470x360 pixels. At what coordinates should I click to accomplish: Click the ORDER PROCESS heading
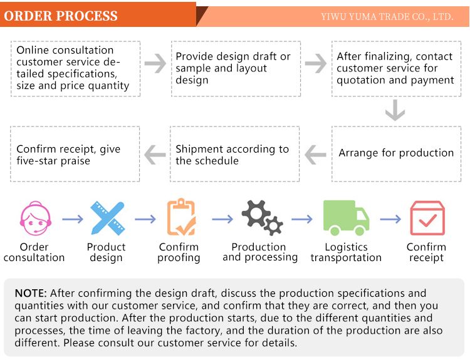tap(61, 16)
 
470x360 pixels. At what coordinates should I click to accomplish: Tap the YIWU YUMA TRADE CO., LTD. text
tap(387, 16)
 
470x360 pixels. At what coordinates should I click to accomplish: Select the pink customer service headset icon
tap(35, 219)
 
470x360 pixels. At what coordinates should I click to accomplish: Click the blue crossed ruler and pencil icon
tap(108, 219)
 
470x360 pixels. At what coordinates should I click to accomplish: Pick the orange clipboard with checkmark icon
tap(182, 217)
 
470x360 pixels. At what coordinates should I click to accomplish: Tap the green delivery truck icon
tap(346, 218)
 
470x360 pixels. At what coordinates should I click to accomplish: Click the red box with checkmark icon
tap(427, 218)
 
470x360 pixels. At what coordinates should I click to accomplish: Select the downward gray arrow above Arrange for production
tap(395, 110)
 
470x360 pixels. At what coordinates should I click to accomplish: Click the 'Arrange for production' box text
tap(396, 153)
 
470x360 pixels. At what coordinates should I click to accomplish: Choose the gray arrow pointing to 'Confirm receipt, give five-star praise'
tap(155, 155)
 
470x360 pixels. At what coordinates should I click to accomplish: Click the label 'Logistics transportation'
tap(346, 252)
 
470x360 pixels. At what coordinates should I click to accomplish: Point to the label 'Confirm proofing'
tap(179, 252)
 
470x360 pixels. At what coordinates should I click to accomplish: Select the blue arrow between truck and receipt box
tap(390, 219)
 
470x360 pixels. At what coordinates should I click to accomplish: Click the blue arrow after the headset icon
tap(73, 219)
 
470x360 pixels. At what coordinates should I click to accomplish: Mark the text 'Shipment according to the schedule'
tap(232, 155)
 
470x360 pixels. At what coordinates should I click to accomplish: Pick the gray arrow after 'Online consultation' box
tap(155, 63)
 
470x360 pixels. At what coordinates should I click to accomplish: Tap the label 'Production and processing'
tap(260, 252)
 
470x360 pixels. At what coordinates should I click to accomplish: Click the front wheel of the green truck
tap(360, 230)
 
